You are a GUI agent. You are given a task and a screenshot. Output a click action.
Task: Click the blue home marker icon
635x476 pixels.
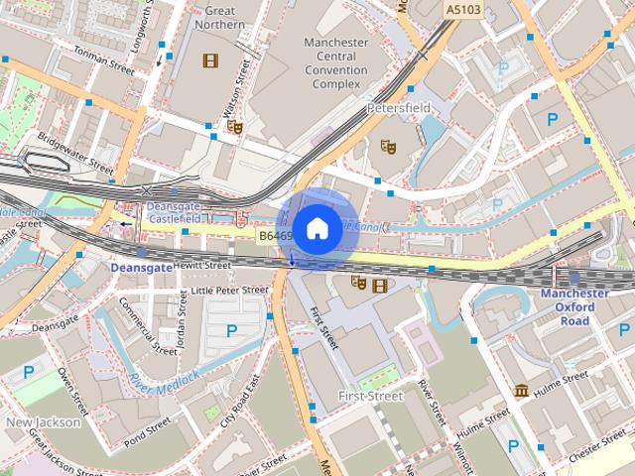316,228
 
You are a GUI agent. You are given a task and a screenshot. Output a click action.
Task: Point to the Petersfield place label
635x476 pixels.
397,107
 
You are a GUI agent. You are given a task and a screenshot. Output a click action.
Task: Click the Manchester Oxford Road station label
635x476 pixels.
574,306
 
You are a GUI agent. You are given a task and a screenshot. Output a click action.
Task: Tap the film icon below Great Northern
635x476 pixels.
209,61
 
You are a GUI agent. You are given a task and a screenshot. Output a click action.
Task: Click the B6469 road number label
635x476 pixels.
275,237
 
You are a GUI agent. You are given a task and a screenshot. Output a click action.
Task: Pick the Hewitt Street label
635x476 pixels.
201,266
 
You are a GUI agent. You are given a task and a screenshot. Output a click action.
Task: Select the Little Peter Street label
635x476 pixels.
229,291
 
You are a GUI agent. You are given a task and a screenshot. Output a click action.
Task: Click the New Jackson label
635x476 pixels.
43,421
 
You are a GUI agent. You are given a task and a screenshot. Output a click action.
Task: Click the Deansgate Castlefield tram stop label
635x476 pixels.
174,211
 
